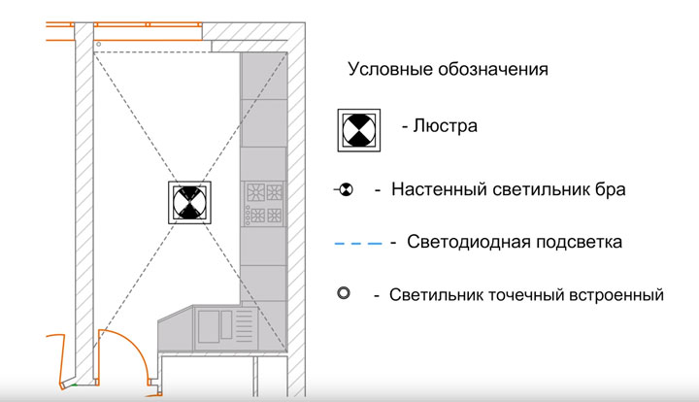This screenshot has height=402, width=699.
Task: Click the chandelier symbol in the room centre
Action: tap(191, 203)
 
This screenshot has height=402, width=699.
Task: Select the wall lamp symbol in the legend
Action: tap(344, 190)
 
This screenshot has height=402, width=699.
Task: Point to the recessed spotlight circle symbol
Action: tap(343, 292)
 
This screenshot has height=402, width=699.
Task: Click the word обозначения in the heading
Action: tap(490, 70)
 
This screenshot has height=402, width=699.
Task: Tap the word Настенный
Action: tap(438, 189)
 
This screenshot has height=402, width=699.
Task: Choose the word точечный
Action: tap(524, 293)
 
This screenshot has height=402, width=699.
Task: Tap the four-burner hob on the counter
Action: tap(263, 202)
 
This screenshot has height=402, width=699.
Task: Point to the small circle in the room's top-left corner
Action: tap(98, 45)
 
